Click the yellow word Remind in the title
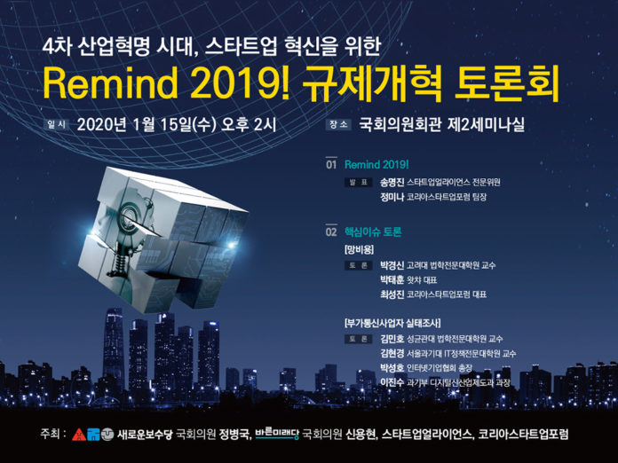tap(110, 84)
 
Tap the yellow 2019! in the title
tap(240, 84)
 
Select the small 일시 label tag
tap(56, 124)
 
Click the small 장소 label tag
tap(338, 124)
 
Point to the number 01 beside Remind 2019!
tap(331, 165)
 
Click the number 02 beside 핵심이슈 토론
tap(331, 231)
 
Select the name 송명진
tap(392, 183)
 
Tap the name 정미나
tap(392, 197)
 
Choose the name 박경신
tap(392, 265)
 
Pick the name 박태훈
tap(392, 280)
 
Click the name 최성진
tap(392, 294)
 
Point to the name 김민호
tap(392, 339)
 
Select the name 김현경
tap(392, 353)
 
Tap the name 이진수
tap(392, 382)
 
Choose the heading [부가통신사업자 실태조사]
tap(392, 323)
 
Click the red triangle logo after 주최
tap(79, 435)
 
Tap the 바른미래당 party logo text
tap(277, 434)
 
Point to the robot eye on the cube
tap(130, 217)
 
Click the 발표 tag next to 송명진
tap(358, 183)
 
